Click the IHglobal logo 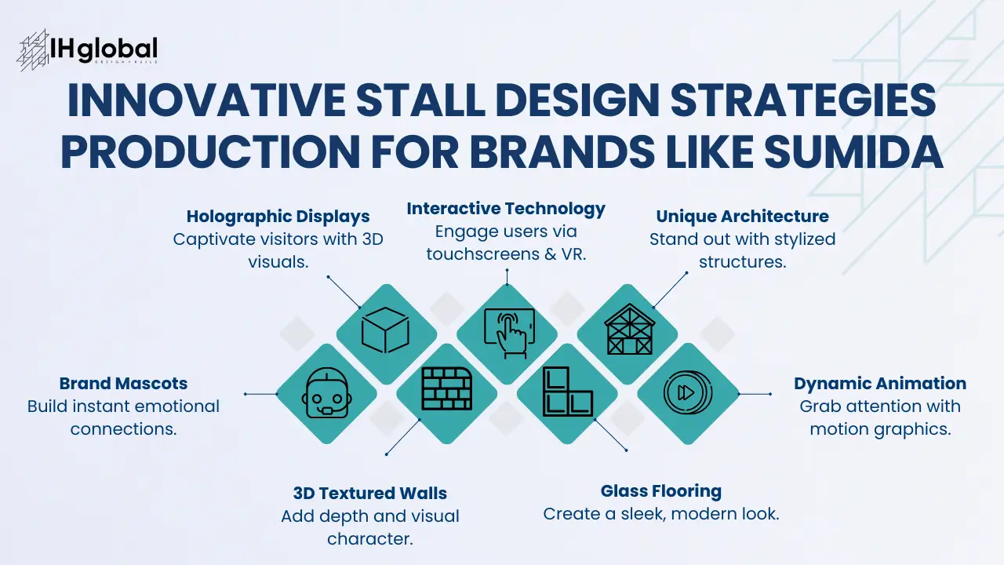(87, 50)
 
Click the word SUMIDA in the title (853, 151)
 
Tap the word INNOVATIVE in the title (206, 100)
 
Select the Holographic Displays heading (278, 217)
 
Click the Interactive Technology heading (506, 209)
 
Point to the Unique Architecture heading (742, 216)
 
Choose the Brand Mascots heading (123, 384)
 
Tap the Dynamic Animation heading (880, 384)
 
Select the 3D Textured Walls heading (369, 494)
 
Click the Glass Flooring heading (661, 491)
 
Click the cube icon (385, 330)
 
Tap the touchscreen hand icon (510, 334)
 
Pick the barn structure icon (629, 329)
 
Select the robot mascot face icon (327, 393)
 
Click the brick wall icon (447, 388)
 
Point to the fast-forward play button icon (688, 392)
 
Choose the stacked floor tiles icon (567, 392)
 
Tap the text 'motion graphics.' (880, 429)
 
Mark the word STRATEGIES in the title (803, 100)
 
